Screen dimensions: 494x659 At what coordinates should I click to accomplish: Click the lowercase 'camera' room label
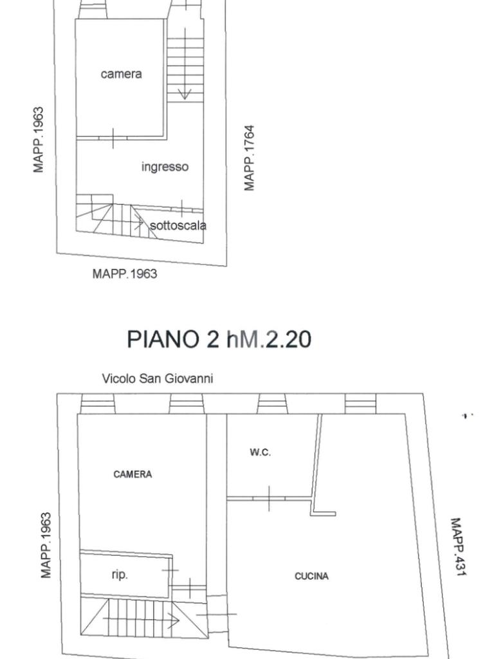[x=121, y=74]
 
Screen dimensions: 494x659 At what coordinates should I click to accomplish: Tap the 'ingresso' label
[x=165, y=167]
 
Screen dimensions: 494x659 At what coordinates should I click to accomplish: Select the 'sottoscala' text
[x=178, y=225]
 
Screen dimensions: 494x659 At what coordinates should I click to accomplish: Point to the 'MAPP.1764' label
[x=250, y=158]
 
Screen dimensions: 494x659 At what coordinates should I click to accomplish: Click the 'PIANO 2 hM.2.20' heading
[x=219, y=339]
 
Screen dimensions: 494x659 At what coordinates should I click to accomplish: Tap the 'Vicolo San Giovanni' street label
[x=158, y=378]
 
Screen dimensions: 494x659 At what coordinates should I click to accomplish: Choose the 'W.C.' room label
[x=260, y=452]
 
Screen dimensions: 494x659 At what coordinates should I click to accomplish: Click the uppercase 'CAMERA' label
[x=133, y=474]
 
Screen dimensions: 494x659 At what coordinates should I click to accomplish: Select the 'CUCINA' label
[x=311, y=576]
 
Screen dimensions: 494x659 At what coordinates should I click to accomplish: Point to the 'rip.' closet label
[x=120, y=575]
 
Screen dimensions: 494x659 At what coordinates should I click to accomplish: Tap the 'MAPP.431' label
[x=457, y=546]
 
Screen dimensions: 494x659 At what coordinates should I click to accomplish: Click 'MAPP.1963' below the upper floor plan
[x=125, y=274]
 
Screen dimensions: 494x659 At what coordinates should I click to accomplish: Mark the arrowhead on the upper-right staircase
[x=185, y=95]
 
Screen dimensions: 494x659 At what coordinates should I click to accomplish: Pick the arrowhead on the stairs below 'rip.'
[x=174, y=620]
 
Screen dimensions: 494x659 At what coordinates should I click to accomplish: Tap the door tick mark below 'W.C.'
[x=268, y=499]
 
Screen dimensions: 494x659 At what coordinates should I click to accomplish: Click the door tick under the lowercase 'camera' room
[x=113, y=138]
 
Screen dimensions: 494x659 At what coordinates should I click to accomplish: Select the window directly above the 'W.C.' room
[x=272, y=404]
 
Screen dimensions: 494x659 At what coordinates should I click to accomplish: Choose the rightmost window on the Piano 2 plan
[x=360, y=404]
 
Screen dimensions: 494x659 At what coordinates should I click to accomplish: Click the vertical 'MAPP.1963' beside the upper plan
[x=39, y=140]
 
